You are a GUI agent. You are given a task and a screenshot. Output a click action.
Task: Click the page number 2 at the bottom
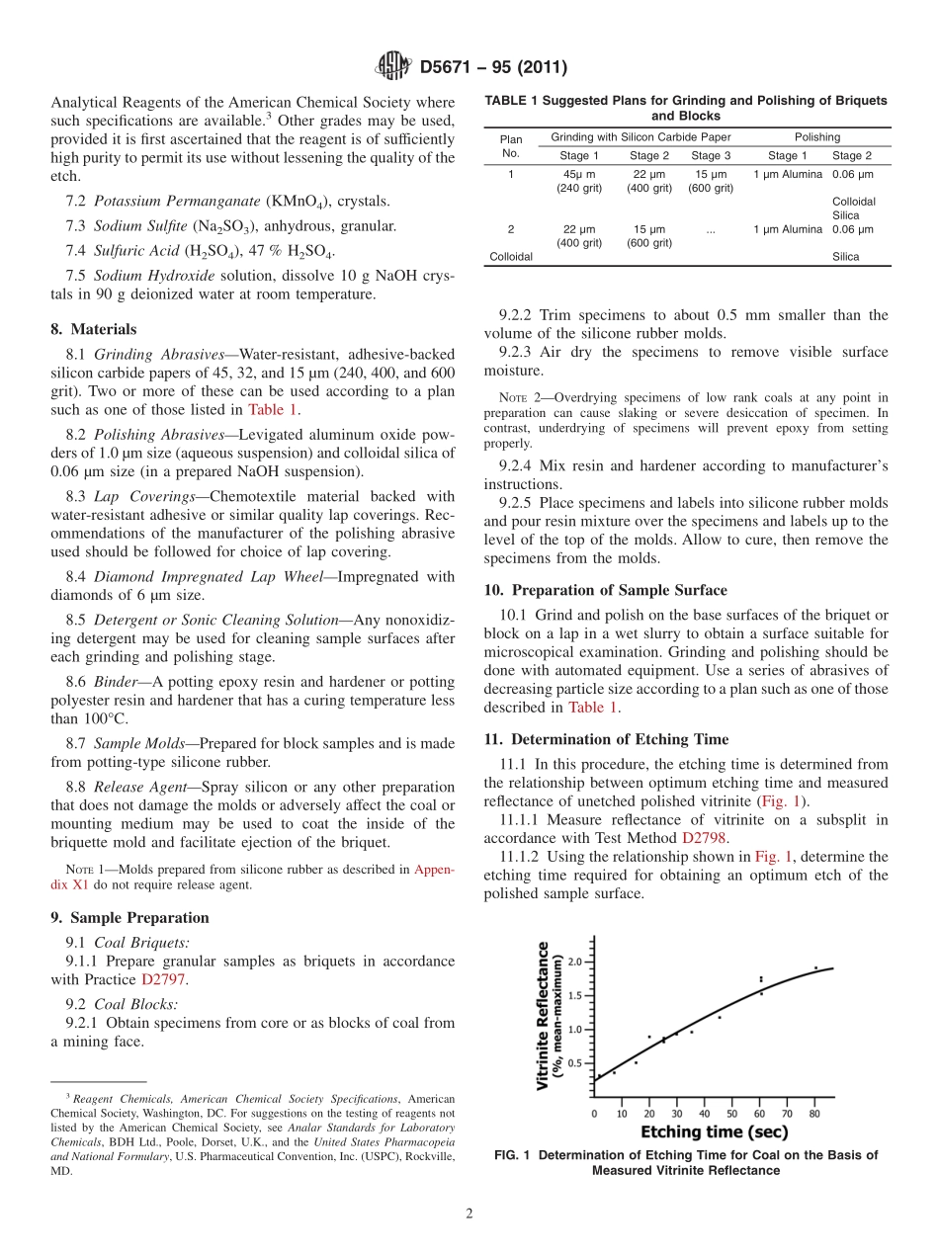[x=469, y=1215]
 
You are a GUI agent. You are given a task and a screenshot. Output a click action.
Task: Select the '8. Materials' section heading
[x=94, y=329]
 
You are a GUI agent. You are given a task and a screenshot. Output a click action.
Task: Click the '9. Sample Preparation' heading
[x=129, y=918]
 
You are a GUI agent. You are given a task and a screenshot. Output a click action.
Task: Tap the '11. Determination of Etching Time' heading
[x=606, y=739]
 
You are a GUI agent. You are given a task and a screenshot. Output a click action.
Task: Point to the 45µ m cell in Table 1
[x=578, y=174]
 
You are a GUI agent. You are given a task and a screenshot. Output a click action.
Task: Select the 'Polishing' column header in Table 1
[x=816, y=137]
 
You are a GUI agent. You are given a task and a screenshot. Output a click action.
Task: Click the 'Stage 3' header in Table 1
[x=711, y=155]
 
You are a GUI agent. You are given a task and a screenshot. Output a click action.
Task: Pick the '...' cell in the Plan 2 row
[x=711, y=229]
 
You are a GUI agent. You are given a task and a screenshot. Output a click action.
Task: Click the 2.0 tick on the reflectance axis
[x=574, y=962]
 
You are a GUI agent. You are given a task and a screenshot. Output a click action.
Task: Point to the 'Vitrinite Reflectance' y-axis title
[x=543, y=1015]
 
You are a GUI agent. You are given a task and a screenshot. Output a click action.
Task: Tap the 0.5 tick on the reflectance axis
[x=574, y=1063]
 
